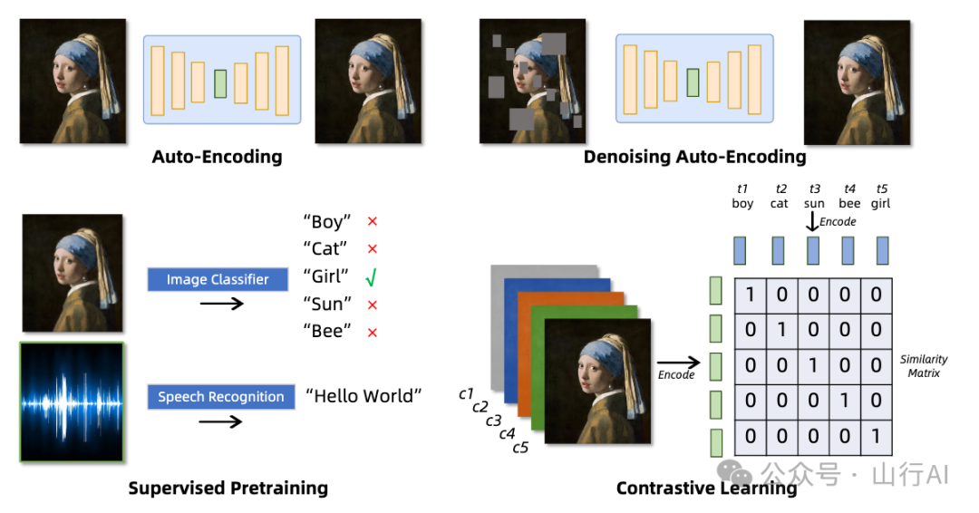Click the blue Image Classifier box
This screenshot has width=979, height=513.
[218, 279]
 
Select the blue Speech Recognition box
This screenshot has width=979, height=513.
[221, 396]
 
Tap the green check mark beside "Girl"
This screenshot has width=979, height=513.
[372, 276]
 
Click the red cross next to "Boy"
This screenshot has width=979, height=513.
[373, 221]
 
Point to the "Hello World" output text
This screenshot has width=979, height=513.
[363, 396]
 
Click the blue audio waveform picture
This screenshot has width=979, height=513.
[73, 402]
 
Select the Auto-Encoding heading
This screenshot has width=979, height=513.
[218, 156]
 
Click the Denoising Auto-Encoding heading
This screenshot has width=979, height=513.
[695, 156]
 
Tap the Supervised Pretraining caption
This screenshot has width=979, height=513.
[228, 488]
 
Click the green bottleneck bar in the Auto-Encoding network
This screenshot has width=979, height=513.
[220, 83]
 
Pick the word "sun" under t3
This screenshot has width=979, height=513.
[814, 203]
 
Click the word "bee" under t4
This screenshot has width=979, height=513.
[849, 203]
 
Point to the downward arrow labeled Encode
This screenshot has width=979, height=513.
[811, 221]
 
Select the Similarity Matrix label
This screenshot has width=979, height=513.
[924, 365]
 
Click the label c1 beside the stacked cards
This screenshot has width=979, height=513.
[466, 393]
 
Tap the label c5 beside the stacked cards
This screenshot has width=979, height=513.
[520, 448]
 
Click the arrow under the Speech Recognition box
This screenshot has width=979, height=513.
[220, 421]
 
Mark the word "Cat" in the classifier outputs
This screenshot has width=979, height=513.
[325, 248]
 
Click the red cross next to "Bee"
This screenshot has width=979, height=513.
[373, 333]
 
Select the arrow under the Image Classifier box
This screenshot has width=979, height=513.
[222, 304]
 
